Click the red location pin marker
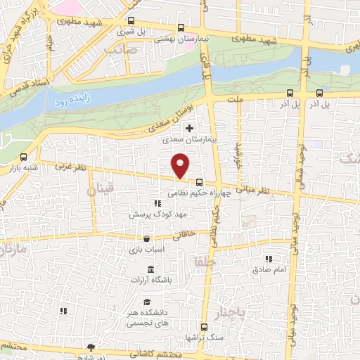coord(181,165)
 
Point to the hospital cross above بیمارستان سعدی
coord(188,128)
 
